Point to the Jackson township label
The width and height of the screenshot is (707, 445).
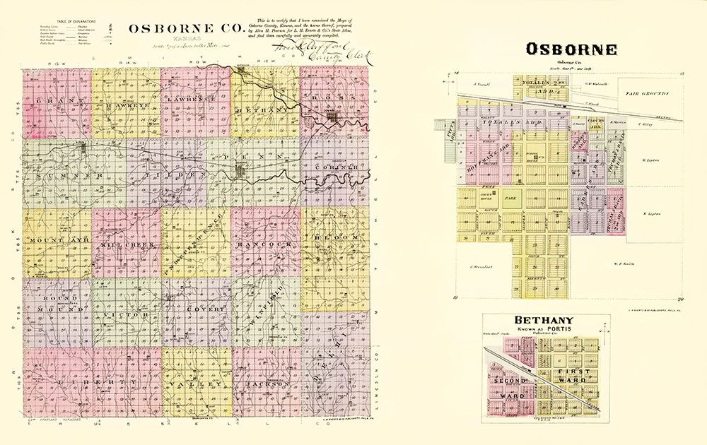tap(265, 383)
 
